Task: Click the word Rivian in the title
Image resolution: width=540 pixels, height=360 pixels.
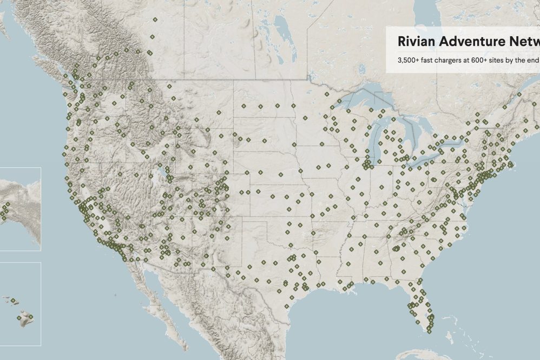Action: pyautogui.click(x=416, y=42)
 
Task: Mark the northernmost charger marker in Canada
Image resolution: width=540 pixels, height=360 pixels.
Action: pyautogui.click(x=155, y=20)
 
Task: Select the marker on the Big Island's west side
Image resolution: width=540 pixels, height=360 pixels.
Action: pyautogui.click(x=20, y=318)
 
